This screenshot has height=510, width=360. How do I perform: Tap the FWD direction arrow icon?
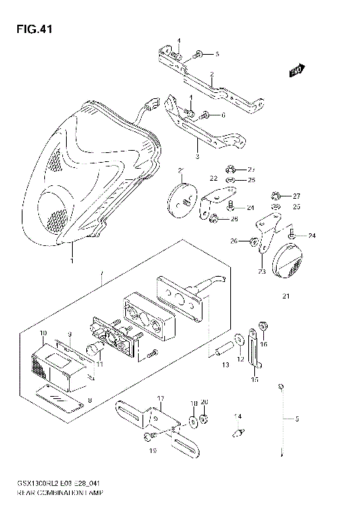click(296, 71)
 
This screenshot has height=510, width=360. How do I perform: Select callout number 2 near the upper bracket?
click(212, 74)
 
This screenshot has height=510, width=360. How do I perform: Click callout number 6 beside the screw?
click(223, 115)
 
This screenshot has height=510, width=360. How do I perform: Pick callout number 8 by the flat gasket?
click(91, 401)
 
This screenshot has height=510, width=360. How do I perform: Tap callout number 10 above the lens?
click(43, 332)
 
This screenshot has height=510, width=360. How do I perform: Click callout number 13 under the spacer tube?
click(225, 364)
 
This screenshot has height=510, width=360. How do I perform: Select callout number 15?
click(254, 380)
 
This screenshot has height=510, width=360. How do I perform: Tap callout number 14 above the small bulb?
click(238, 415)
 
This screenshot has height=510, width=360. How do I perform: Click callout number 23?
click(262, 271)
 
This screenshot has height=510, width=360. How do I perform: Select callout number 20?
click(205, 403)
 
